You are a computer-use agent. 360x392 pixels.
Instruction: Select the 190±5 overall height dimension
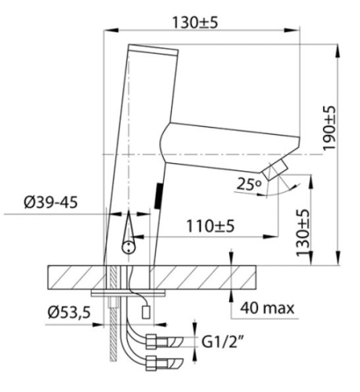329,129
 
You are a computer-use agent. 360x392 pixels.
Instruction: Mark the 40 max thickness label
267,308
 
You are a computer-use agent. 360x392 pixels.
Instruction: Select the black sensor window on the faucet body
158,194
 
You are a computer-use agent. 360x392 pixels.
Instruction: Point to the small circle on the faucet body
127,247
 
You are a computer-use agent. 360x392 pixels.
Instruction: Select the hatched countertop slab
196,276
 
